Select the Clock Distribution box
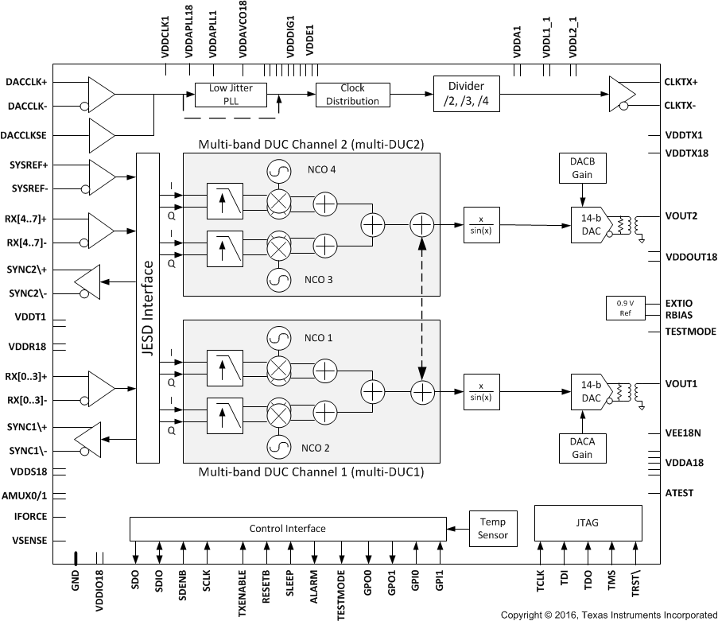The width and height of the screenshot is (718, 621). (x=352, y=95)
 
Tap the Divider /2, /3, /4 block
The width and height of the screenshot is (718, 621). (x=467, y=94)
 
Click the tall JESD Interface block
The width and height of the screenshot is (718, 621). (x=147, y=308)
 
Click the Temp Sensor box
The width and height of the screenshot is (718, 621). (x=493, y=529)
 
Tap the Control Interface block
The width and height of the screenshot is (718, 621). (x=287, y=529)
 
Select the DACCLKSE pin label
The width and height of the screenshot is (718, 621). (x=26, y=136)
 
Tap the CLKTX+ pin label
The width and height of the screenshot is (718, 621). (x=681, y=82)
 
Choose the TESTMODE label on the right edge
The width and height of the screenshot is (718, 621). (x=690, y=332)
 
